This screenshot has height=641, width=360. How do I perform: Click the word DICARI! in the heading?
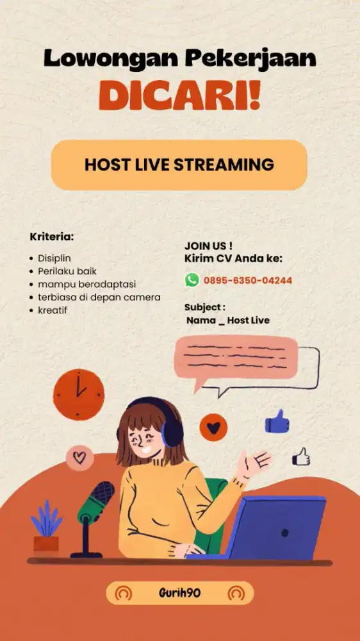tap(179, 96)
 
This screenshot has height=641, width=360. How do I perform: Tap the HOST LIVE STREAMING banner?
tap(179, 165)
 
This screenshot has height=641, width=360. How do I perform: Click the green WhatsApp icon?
tap(192, 279)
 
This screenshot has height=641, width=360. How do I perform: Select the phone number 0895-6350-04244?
tap(248, 280)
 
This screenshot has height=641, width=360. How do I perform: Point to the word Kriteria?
tap(52, 237)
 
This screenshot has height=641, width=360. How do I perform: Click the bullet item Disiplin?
tap(54, 258)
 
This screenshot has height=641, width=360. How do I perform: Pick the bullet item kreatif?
tap(53, 310)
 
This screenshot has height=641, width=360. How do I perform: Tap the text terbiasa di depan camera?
tap(99, 297)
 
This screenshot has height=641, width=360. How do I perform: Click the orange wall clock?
tap(78, 394)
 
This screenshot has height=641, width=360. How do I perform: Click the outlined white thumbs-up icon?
tap(301, 456)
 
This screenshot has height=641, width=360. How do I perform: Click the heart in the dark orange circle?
tap(213, 426)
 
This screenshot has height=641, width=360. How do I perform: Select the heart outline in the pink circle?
tap(79, 457)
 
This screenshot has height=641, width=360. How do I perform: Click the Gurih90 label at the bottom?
tap(179, 593)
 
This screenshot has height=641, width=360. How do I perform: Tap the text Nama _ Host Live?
tap(228, 320)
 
